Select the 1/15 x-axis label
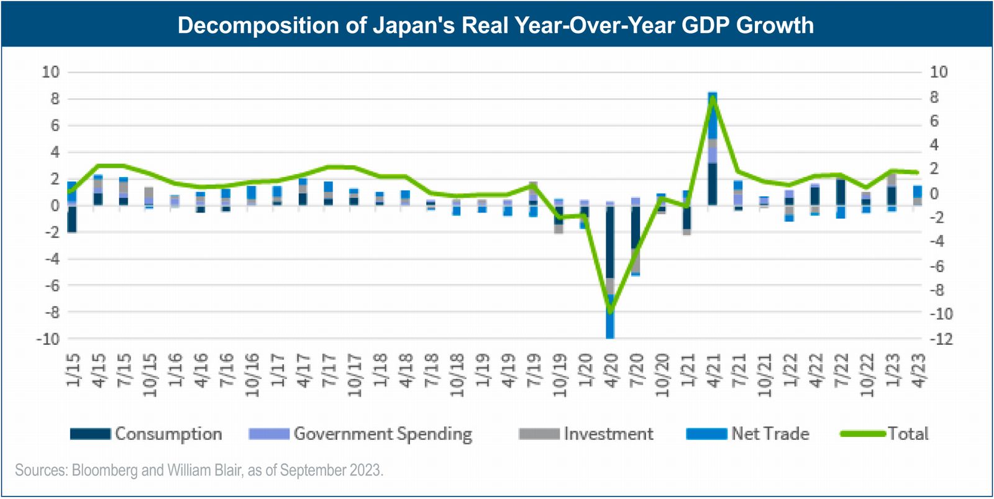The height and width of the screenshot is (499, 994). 73,371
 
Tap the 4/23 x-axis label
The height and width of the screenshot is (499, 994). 918,371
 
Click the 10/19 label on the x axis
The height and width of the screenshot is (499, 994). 560,375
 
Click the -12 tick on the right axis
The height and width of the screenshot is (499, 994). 940,339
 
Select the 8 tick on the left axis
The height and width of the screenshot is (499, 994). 55,99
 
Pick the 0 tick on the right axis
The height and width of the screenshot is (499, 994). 934,194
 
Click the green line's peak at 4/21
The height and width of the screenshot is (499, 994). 713,98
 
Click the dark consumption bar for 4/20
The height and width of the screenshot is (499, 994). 610,242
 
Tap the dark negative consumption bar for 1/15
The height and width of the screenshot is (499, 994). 72,219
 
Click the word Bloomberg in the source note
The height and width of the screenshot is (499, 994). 104,470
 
